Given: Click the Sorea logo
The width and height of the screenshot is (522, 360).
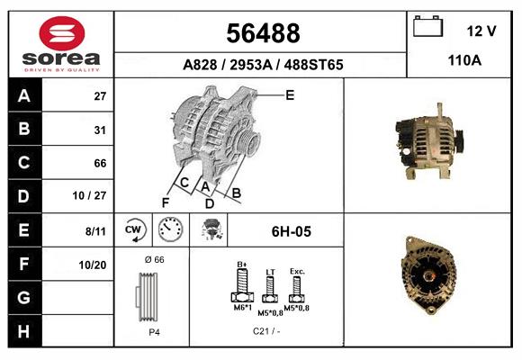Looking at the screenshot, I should (61, 43).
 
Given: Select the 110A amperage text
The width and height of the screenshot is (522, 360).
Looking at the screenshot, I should (464, 61).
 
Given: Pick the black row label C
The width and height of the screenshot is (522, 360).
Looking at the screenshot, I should (23, 164).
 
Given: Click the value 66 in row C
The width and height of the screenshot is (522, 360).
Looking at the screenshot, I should (100, 164).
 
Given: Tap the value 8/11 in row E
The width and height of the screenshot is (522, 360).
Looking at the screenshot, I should (95, 231).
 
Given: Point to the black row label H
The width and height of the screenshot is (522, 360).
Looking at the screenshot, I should (23, 331).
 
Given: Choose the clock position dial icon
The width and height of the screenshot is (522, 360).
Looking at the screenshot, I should (171, 231).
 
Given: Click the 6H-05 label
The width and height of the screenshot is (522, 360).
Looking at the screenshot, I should (291, 231).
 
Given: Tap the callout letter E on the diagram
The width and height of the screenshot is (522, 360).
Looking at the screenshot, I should (290, 94).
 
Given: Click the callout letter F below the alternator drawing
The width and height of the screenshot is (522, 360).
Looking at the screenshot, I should (166, 202).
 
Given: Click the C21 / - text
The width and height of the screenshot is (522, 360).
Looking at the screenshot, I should (267, 330).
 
